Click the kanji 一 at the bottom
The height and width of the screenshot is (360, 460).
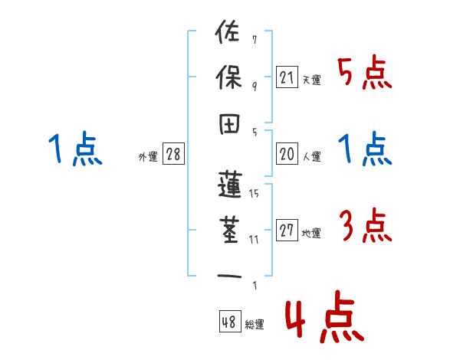coord(229,276)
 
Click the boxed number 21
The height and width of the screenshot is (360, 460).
coord(287,77)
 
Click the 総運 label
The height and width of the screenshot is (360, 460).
coord(255,324)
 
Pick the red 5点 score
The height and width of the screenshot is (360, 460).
coord(364,74)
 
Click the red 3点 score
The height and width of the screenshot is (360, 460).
coord(364,227)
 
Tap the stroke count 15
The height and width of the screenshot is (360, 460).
coord(254,194)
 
